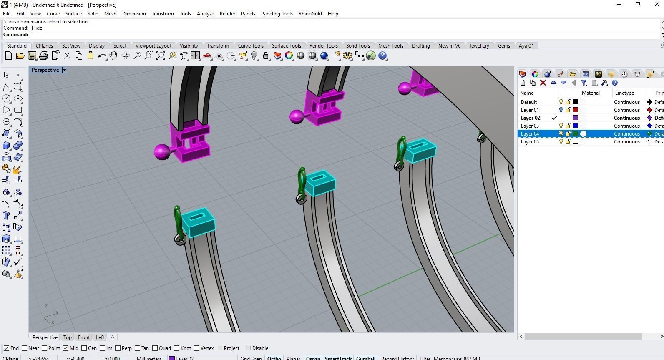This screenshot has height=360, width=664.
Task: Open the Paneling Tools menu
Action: point(277,13)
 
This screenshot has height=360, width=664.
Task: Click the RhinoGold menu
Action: point(310,13)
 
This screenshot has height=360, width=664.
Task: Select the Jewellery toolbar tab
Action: point(479,45)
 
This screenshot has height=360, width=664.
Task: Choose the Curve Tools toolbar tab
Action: point(250,45)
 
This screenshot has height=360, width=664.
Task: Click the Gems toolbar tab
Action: point(504,45)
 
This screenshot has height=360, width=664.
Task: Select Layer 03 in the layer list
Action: point(530,126)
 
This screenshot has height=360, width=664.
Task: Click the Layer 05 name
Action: point(530,141)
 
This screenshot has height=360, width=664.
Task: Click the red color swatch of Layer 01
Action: point(576,110)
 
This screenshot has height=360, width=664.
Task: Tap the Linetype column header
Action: point(624,93)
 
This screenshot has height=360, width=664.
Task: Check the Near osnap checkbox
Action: point(25,348)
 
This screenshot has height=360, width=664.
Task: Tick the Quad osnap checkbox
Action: point(155,348)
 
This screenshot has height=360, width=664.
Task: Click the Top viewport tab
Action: point(67,337)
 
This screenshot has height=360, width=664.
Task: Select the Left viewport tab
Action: point(100,337)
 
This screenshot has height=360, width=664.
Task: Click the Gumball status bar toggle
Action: point(365,358)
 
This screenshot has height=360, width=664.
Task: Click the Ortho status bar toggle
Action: point(274,358)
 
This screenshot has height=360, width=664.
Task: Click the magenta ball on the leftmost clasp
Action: point(161,152)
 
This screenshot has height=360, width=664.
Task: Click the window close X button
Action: point(656,5)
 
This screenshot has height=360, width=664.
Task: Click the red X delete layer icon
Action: point(543,83)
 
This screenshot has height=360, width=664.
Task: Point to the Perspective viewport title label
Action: point(45,70)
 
